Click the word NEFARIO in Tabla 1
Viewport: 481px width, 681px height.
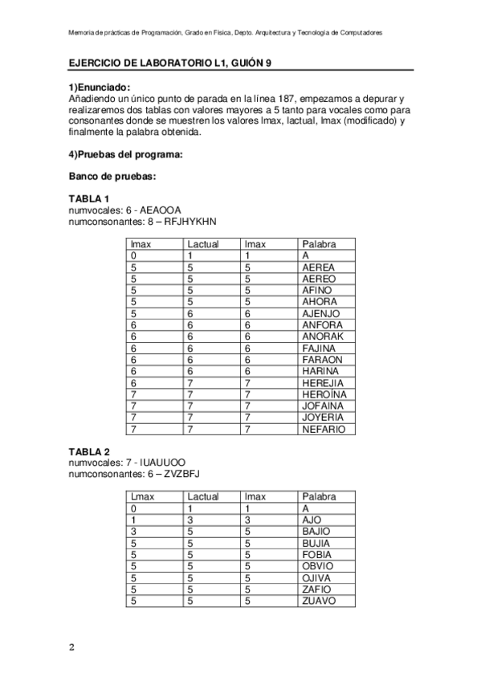click(324, 429)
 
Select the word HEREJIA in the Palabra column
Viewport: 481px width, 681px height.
click(324, 383)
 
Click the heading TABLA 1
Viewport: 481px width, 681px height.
click(88, 198)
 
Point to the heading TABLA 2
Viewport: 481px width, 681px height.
click(88, 451)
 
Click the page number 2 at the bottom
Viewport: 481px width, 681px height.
click(71, 646)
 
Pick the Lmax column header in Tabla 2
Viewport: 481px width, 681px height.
click(142, 497)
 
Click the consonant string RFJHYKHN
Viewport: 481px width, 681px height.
click(190, 221)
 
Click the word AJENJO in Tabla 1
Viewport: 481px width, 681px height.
click(320, 313)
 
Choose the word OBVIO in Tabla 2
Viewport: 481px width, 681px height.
click(318, 566)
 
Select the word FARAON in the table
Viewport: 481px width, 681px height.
click(322, 360)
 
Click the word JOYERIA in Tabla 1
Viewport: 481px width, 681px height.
click(323, 418)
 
